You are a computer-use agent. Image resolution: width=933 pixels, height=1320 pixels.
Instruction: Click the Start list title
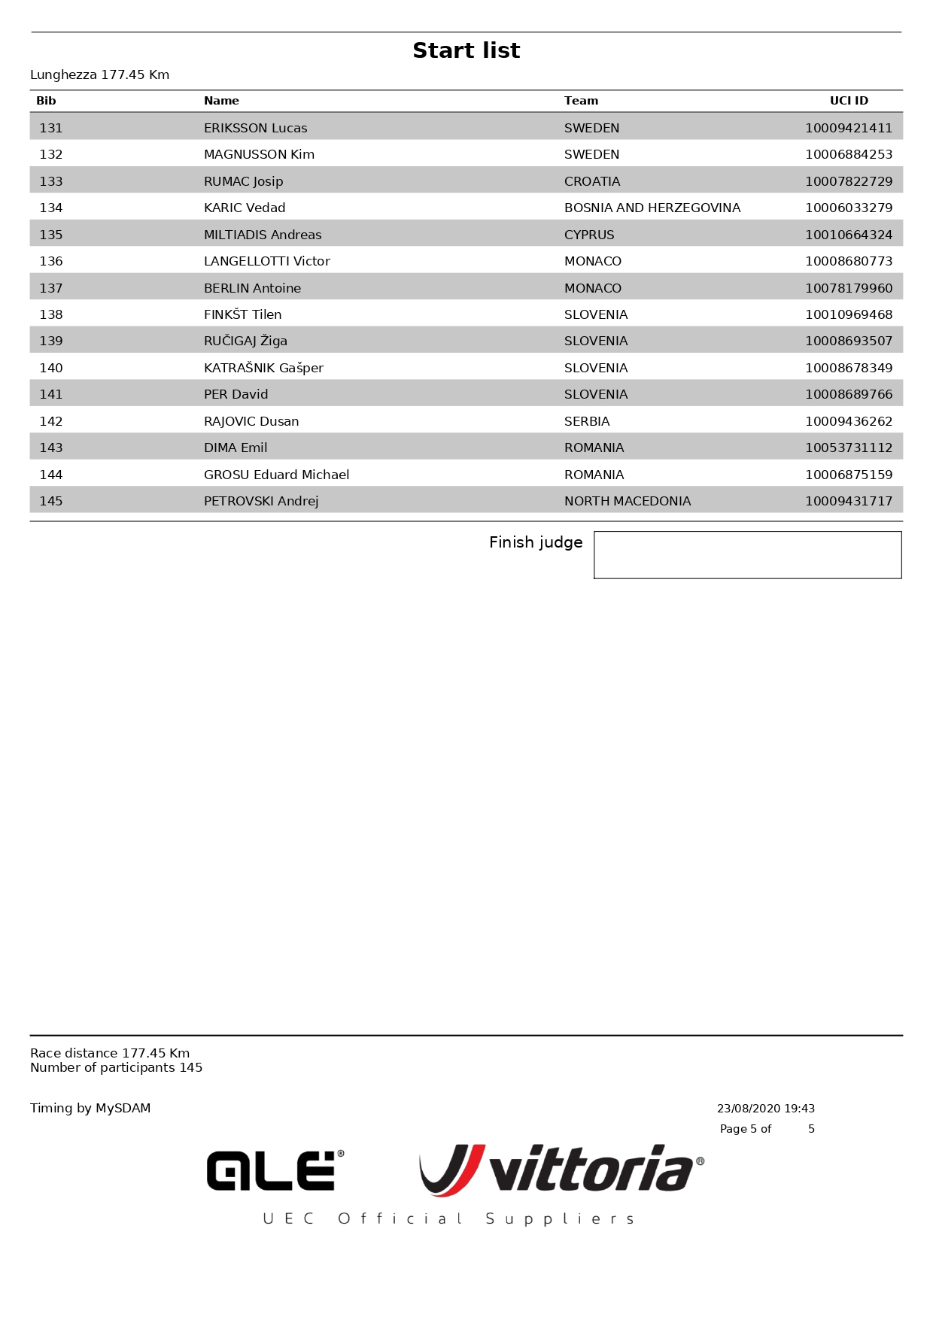pos(466,50)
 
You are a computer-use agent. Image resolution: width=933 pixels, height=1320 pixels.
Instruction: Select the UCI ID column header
pos(848,101)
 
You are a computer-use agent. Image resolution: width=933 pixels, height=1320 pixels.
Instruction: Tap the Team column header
pos(581,101)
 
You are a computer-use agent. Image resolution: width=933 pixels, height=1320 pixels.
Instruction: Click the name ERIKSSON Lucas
pos(255,128)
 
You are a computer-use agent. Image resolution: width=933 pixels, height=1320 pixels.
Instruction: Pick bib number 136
pos(51,261)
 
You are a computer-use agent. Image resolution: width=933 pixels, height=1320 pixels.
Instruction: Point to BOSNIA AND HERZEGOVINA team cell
pos(652,208)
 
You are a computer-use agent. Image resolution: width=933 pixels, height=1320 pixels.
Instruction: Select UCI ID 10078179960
pos(848,288)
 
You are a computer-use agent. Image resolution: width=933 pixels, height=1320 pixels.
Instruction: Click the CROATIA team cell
pos(592,181)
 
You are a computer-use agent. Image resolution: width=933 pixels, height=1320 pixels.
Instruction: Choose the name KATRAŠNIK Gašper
pos(263,368)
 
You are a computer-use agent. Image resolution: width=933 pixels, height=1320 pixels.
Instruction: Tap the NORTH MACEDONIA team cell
pos(627,501)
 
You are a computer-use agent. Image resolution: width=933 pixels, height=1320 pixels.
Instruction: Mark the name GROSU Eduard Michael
pos(276,475)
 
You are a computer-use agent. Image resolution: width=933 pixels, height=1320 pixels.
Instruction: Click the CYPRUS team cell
pos(589,235)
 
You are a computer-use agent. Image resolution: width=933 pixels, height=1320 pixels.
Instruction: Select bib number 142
pos(51,421)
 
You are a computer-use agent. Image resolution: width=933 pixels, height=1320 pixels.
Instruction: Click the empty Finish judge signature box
pos(747,555)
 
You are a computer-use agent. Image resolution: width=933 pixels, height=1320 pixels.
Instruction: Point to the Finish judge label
pos(535,542)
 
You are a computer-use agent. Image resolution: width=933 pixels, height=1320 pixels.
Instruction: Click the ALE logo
pos(275,1170)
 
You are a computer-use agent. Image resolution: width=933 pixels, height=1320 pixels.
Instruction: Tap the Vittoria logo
pos(561,1170)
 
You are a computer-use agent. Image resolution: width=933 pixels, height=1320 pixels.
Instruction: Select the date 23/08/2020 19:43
pos(765,1109)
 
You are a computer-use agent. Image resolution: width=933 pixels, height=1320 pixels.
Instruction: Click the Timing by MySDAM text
pos(90,1108)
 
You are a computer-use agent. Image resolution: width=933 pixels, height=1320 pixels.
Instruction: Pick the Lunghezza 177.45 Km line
pos(99,74)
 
